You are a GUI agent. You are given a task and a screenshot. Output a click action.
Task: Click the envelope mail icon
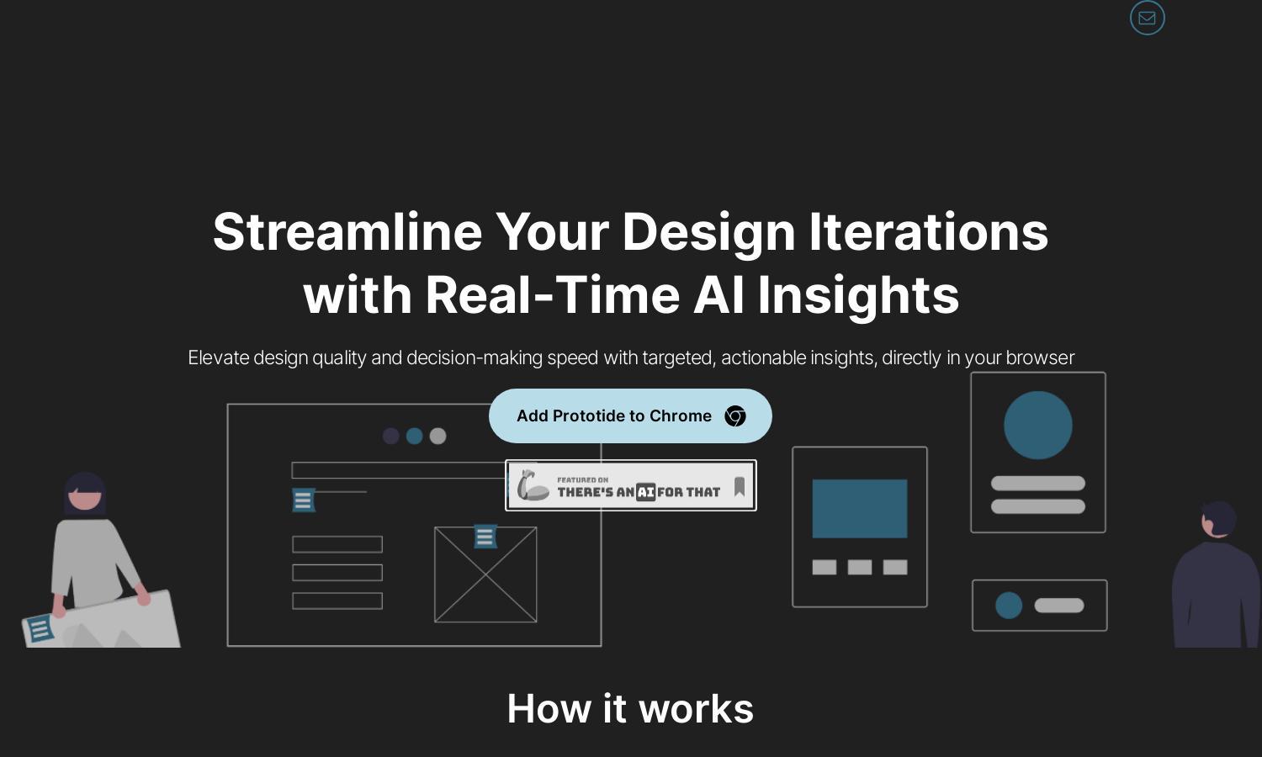click(x=1147, y=18)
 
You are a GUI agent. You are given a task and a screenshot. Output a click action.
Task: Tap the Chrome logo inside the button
click(x=735, y=416)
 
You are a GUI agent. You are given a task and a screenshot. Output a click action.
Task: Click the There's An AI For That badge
click(x=631, y=485)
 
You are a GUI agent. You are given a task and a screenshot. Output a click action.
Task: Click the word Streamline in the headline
click(x=347, y=232)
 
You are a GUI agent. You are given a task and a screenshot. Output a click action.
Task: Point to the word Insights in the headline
click(x=858, y=296)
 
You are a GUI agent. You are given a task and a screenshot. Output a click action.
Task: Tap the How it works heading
click(x=630, y=708)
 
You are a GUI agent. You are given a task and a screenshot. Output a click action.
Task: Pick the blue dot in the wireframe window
click(x=415, y=436)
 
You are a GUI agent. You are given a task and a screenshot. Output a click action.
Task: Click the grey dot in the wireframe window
click(x=437, y=436)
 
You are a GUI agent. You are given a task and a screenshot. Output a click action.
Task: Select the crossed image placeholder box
click(x=485, y=574)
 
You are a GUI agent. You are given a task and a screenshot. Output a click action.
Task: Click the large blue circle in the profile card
click(x=1038, y=426)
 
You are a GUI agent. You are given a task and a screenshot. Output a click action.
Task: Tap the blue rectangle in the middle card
click(x=860, y=509)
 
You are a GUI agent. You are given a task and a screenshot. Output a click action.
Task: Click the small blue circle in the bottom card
click(x=1009, y=606)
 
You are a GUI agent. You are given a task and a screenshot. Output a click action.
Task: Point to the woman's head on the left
click(x=84, y=494)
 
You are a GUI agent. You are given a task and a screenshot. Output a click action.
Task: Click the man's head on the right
click(x=1219, y=519)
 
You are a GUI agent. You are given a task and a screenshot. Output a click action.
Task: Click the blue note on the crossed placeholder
click(x=485, y=537)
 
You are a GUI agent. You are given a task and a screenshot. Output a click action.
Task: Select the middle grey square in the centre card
click(x=860, y=567)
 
